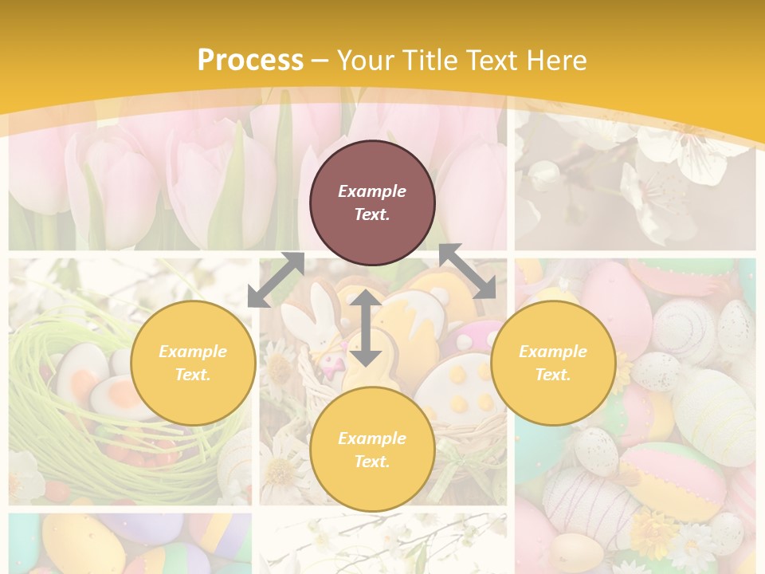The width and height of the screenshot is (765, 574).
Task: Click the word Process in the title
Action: [x=250, y=61]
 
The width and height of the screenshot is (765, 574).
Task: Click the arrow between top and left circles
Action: [x=276, y=280]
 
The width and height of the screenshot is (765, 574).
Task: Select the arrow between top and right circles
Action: [x=467, y=271]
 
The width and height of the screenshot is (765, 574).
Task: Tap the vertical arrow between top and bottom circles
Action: [x=366, y=328]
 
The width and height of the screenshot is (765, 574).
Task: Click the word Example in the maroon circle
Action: [x=372, y=191]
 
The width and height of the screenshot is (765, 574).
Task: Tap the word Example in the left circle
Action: [x=193, y=352]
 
